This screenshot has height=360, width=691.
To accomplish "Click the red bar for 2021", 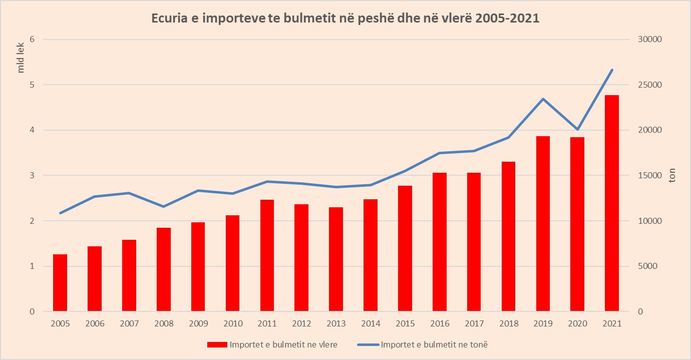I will click(611, 203).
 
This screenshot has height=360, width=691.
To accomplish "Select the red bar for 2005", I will click(60, 283).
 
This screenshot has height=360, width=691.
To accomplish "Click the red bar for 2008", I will click(164, 269).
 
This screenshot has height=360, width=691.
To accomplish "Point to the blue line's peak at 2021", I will click(612, 70).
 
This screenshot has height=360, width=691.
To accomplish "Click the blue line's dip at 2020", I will click(577, 130).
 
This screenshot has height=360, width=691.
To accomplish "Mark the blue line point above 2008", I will click(164, 206).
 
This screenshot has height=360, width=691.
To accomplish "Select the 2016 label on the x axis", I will click(440, 324).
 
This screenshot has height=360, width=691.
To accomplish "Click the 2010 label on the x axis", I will click(233, 324).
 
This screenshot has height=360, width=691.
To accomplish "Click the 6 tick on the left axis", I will click(32, 40).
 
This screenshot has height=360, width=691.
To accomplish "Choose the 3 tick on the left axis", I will click(32, 176).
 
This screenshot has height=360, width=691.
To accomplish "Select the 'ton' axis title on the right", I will click(672, 176).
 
